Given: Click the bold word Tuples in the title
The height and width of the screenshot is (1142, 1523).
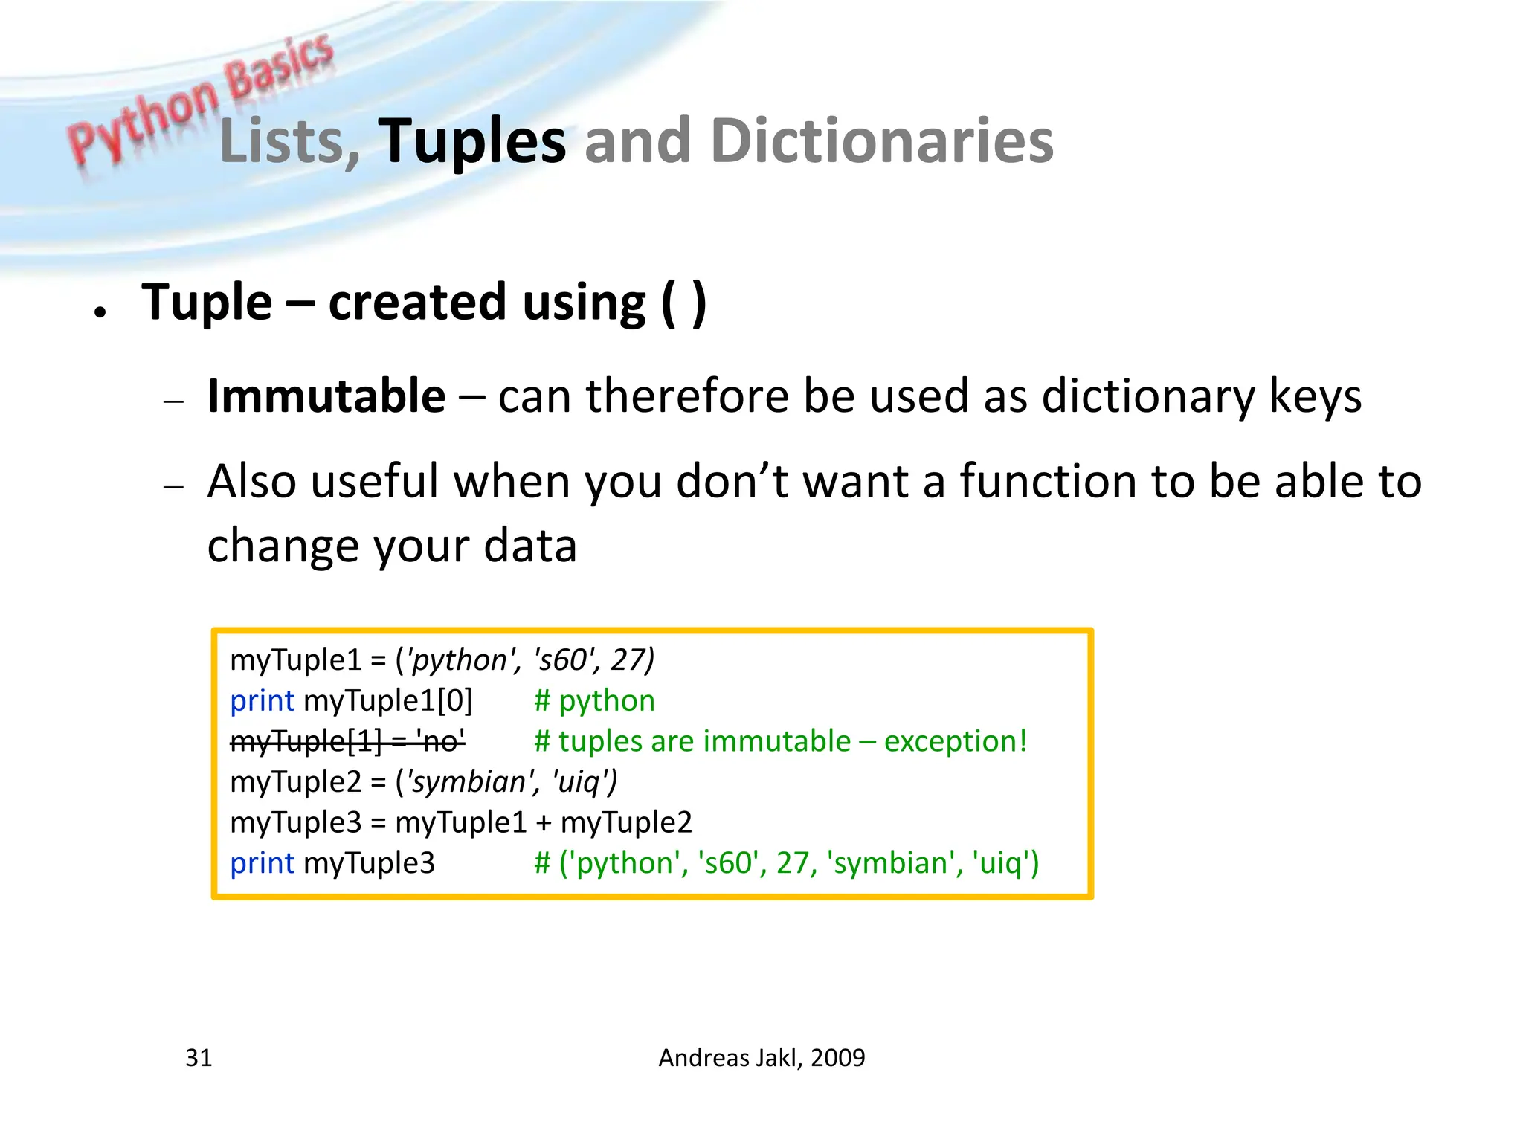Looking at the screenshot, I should (471, 141).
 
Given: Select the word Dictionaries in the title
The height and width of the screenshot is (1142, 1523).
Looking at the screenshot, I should (882, 141).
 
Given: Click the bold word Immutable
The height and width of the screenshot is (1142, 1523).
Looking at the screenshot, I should (326, 396).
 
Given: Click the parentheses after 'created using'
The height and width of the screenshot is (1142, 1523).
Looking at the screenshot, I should (683, 303).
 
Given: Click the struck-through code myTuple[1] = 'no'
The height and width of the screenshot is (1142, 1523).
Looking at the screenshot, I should (347, 741).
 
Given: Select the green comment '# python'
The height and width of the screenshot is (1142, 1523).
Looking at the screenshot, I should (594, 700).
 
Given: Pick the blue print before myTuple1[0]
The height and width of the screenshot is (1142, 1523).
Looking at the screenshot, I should (262, 700).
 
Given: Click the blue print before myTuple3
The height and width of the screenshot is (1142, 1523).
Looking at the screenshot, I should (262, 863).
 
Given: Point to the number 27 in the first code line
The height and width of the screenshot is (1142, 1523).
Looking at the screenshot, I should (628, 660).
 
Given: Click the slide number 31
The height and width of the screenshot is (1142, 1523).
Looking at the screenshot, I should (199, 1057).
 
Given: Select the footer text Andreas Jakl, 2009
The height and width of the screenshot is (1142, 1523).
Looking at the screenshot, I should (761, 1057).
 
